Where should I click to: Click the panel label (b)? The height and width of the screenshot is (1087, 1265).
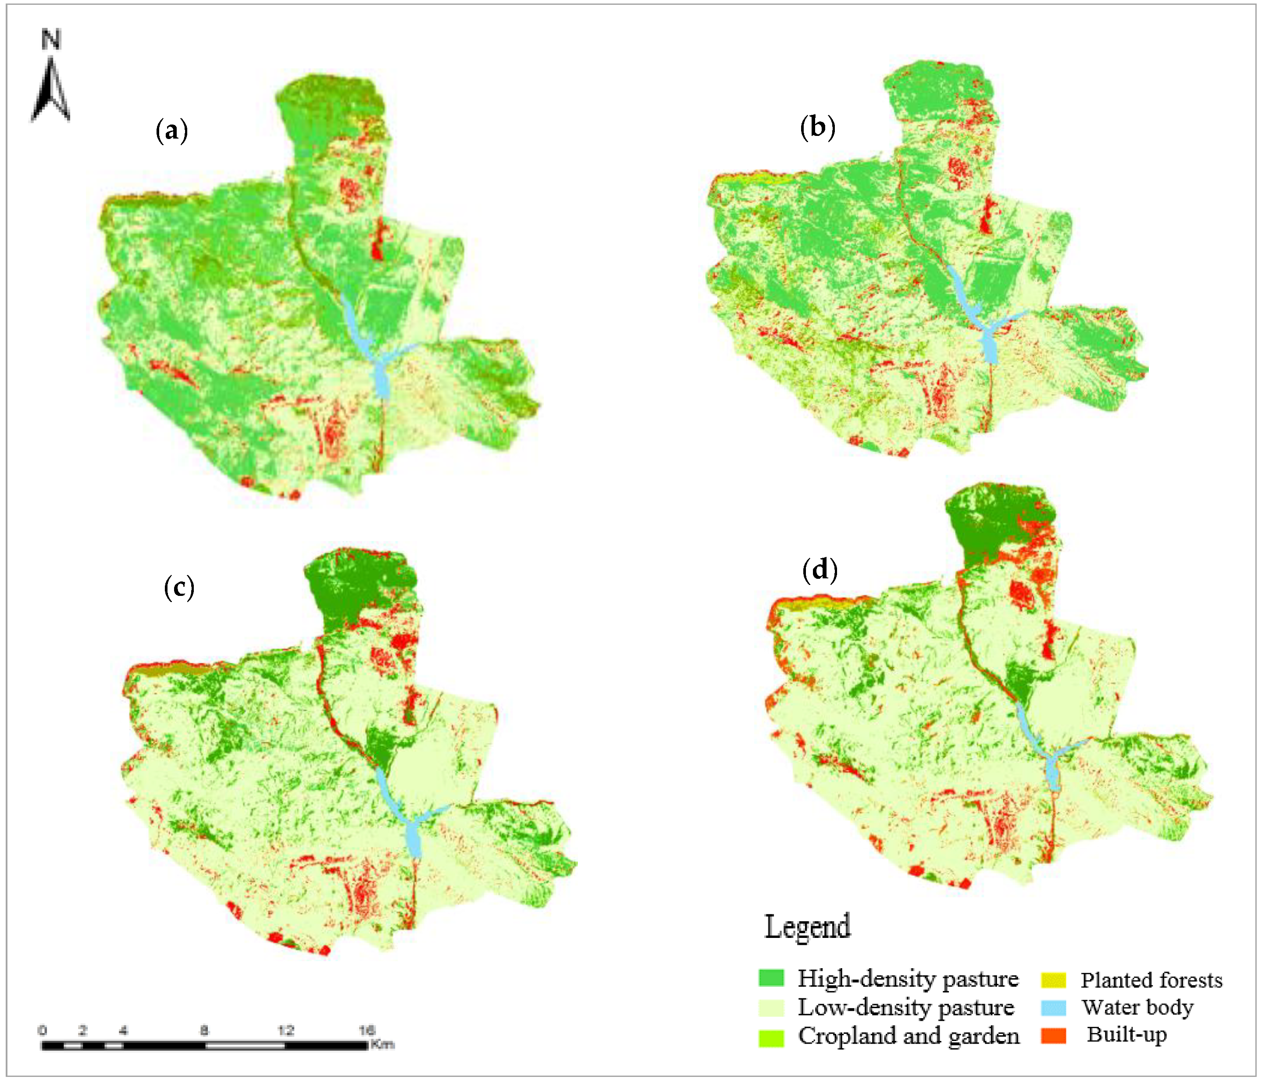pyautogui.click(x=817, y=127)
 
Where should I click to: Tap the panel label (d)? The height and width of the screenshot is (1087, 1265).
pyautogui.click(x=820, y=569)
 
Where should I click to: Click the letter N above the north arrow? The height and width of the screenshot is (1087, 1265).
pyautogui.click(x=51, y=40)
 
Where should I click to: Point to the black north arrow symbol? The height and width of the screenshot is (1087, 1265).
pyautogui.click(x=51, y=92)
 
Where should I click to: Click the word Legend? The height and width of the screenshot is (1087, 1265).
pyautogui.click(x=807, y=927)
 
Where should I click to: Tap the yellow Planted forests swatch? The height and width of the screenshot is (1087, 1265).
pyautogui.click(x=1053, y=980)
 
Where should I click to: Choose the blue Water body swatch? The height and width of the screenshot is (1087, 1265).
pyautogui.click(x=1053, y=1008)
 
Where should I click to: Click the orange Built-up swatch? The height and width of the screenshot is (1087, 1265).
pyautogui.click(x=1053, y=1036)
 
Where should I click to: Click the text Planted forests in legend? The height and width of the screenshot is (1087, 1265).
pyautogui.click(x=1151, y=980)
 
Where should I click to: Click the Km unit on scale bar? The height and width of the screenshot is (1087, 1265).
pyautogui.click(x=382, y=1044)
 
